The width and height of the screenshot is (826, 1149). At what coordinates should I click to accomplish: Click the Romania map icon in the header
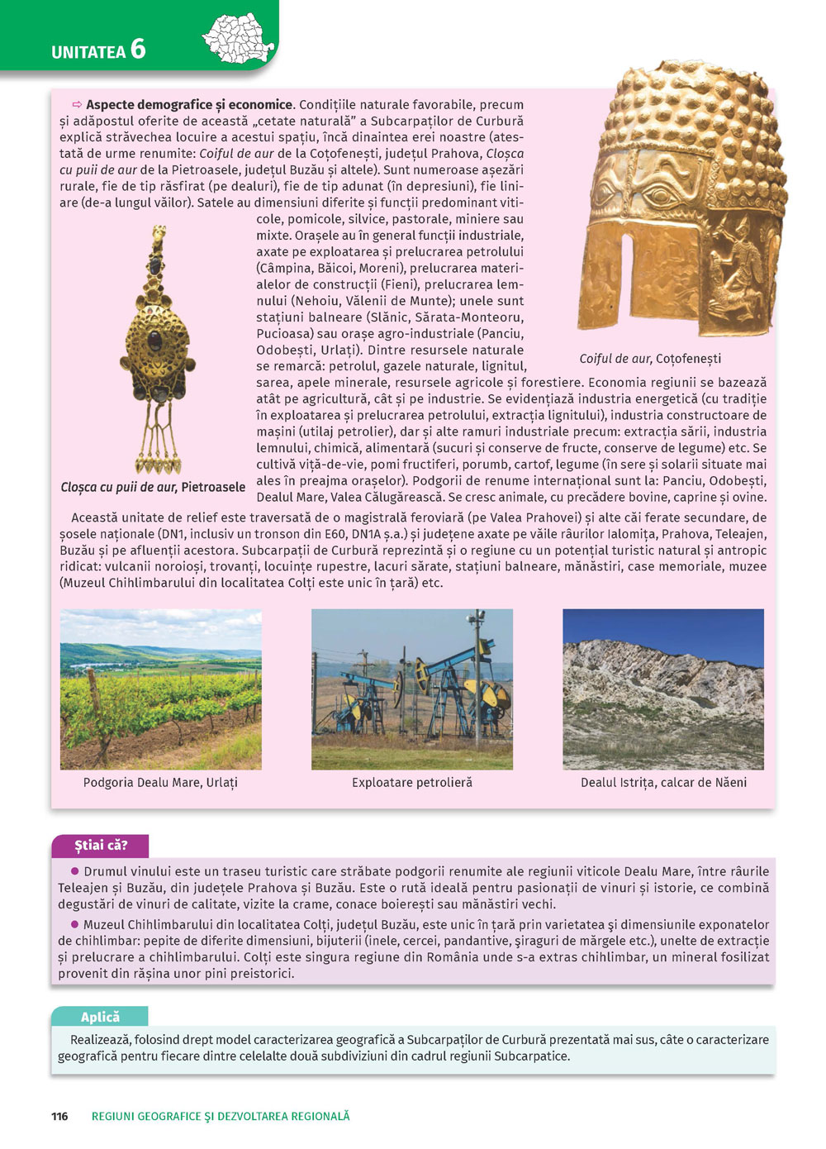pyautogui.click(x=238, y=38)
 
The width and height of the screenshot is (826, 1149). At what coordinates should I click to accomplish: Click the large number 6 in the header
pyautogui.click(x=137, y=50)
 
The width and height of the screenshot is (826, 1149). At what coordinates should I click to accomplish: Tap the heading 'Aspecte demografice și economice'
pyautogui.click(x=189, y=105)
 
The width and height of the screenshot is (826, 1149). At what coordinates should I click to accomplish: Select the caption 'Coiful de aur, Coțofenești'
pyautogui.click(x=650, y=359)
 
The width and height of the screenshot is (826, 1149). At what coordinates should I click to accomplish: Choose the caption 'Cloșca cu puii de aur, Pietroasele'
pyautogui.click(x=153, y=487)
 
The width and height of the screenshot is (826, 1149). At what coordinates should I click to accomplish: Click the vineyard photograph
pyautogui.click(x=161, y=689)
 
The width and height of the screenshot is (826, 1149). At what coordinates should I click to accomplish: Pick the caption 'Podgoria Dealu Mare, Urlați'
pyautogui.click(x=160, y=782)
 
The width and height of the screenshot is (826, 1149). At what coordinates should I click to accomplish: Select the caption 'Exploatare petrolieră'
pyautogui.click(x=412, y=782)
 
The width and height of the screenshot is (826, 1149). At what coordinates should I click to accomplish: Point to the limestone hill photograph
pyautogui.click(x=663, y=689)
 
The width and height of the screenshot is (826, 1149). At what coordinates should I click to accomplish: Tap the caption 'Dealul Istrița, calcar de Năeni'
pyautogui.click(x=663, y=782)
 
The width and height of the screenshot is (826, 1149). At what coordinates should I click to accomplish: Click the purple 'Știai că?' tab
pyautogui.click(x=101, y=845)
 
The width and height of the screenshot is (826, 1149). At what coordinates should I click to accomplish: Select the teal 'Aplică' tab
pyautogui.click(x=100, y=1017)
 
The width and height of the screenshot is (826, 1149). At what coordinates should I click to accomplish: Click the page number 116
pyautogui.click(x=59, y=1116)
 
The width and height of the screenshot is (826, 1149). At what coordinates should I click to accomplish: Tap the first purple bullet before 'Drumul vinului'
pyautogui.click(x=74, y=871)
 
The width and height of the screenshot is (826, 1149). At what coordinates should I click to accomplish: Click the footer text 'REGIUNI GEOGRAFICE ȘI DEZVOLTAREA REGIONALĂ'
pyautogui.click(x=221, y=1116)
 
